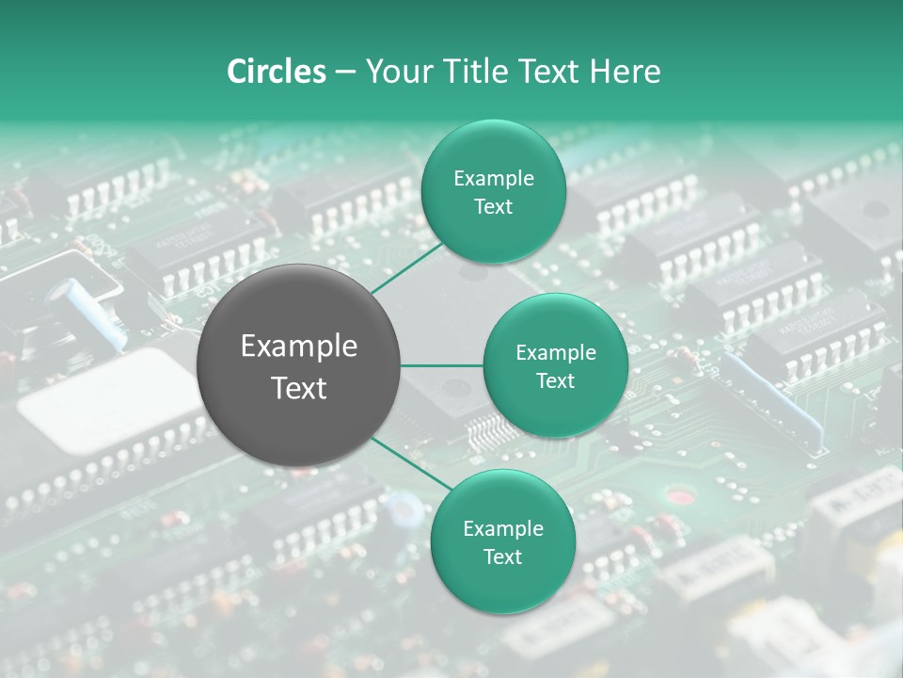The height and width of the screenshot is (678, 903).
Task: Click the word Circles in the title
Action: [x=277, y=72]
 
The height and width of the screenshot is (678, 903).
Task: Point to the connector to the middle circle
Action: [x=442, y=364]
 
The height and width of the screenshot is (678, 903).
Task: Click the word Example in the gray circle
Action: [x=299, y=347]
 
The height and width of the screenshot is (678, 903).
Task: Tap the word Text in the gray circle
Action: [x=299, y=388]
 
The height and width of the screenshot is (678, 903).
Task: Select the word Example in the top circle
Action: [x=494, y=179]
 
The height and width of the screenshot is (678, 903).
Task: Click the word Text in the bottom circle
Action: [x=502, y=557]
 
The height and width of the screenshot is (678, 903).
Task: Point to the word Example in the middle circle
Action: [x=556, y=353]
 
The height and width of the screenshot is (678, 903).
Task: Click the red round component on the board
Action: [x=676, y=496]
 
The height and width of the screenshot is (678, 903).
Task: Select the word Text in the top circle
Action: [x=493, y=207]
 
